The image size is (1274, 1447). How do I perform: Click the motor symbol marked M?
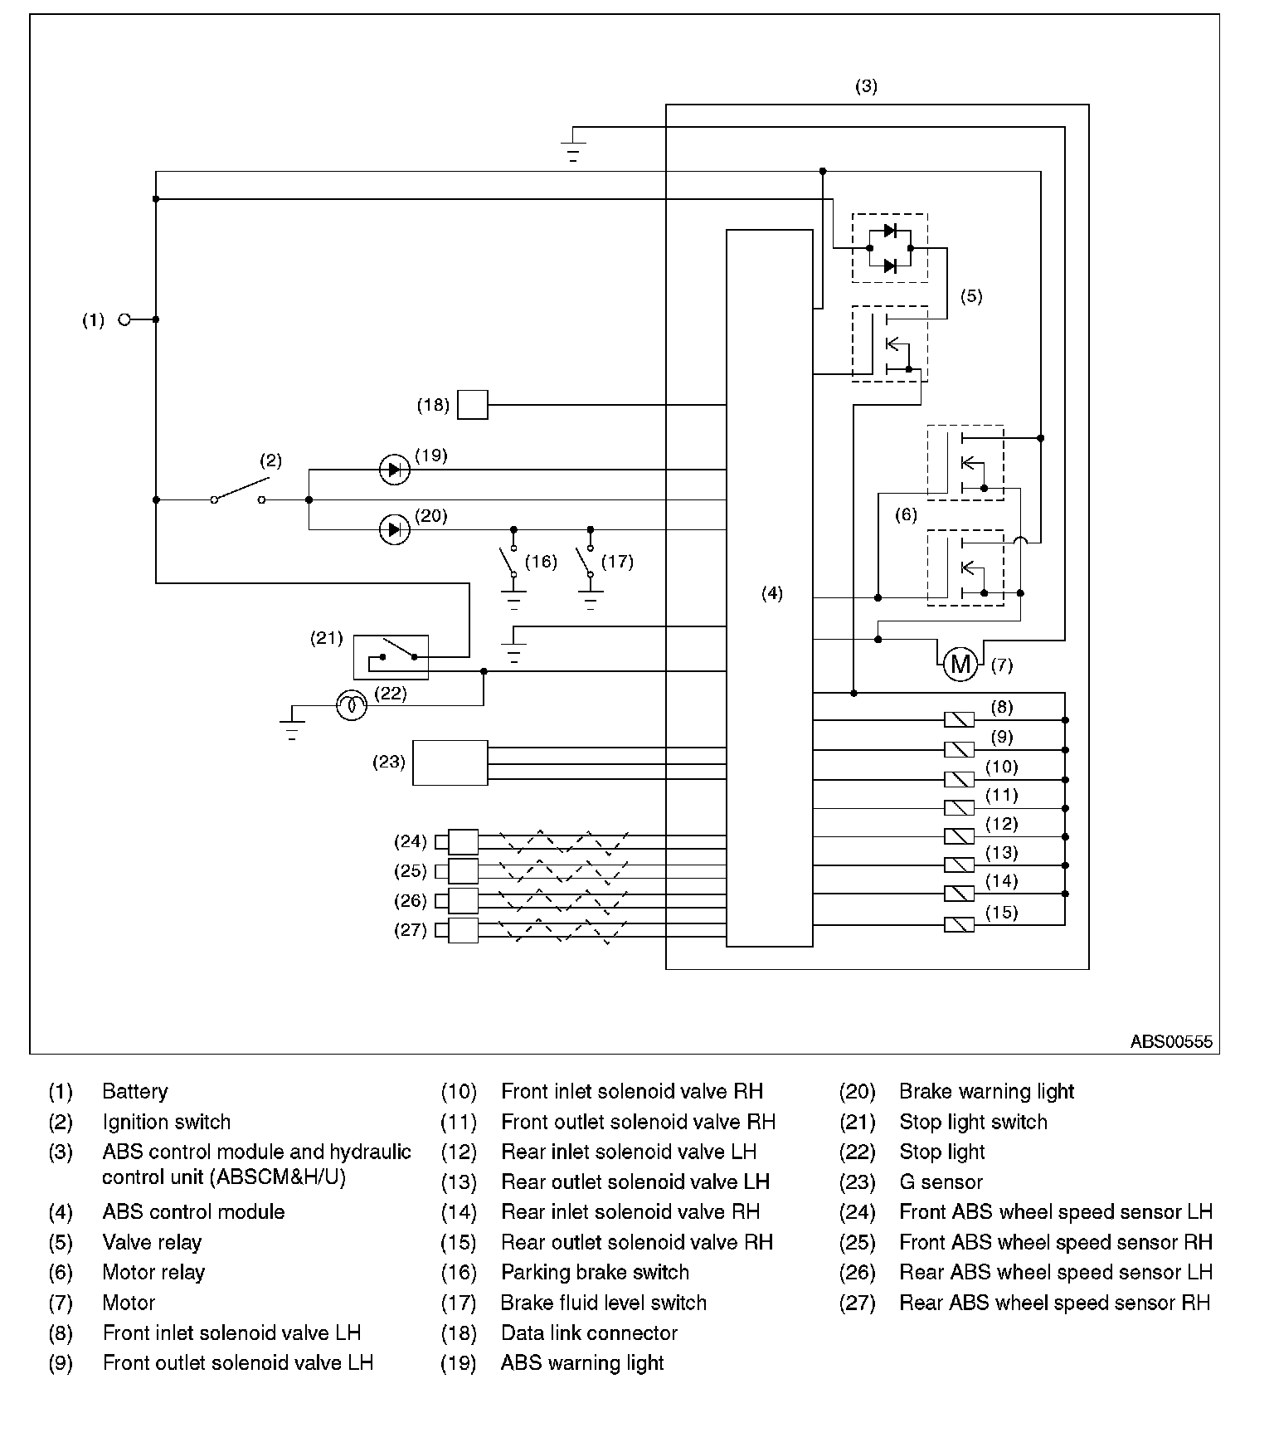(960, 664)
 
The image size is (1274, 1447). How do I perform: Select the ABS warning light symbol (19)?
(394, 470)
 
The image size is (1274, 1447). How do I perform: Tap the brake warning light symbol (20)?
(394, 529)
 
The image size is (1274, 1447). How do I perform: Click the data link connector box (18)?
(473, 405)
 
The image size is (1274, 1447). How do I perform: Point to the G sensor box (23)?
(450, 762)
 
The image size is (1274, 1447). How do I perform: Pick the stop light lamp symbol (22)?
(352, 705)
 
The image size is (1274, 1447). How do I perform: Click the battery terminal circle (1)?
(124, 319)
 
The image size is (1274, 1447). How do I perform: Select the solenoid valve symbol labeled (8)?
(960, 719)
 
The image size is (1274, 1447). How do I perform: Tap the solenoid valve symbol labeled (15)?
(960, 923)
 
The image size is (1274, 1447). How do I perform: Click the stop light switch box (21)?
(391, 657)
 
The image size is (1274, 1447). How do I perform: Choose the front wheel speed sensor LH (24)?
(462, 842)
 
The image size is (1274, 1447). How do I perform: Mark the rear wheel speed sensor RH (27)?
(462, 930)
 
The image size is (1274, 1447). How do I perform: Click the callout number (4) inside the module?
(771, 593)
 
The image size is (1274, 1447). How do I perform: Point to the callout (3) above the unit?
(866, 86)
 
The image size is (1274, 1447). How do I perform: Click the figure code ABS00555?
(1170, 1041)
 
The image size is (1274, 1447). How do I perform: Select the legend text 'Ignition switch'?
(167, 1122)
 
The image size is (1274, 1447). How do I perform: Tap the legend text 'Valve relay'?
(152, 1242)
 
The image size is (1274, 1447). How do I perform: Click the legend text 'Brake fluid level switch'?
(603, 1303)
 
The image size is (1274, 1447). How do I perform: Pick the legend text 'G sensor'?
(941, 1181)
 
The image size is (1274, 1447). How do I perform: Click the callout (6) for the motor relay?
(906, 515)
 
